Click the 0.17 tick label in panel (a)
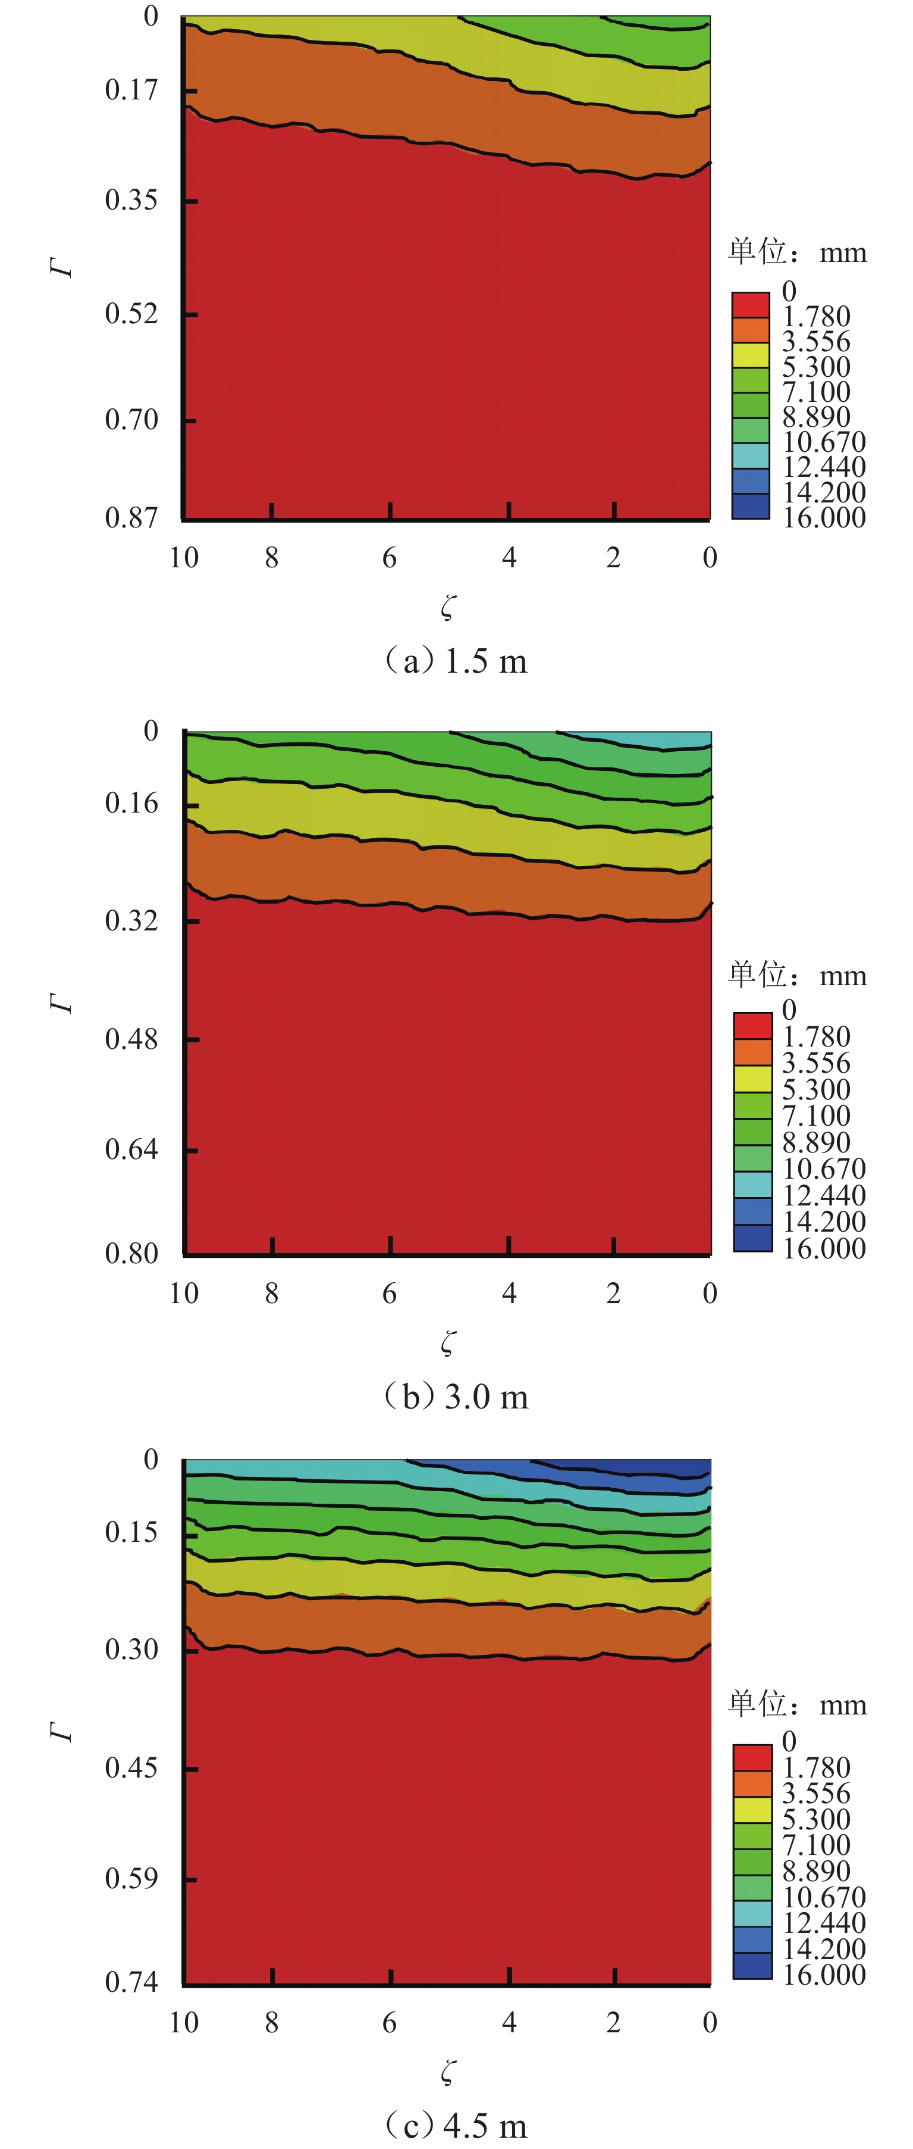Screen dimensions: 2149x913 131,90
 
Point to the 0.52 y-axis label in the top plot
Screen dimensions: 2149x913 131,314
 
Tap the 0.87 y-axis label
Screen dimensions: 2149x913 131,518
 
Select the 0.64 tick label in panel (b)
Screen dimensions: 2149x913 131,1150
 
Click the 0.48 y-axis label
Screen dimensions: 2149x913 131,1039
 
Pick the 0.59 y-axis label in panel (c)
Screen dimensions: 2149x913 131,1878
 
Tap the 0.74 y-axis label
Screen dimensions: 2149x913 131,1981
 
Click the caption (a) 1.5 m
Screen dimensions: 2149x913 455,661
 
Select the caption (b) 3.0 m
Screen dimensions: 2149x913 455,1397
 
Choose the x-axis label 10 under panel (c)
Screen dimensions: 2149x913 184,2022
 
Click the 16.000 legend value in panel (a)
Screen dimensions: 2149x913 824,518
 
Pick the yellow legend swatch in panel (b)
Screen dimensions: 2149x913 752,1079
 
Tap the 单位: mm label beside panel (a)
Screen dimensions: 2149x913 797,252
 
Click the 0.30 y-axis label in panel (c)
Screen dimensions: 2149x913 131,1650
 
